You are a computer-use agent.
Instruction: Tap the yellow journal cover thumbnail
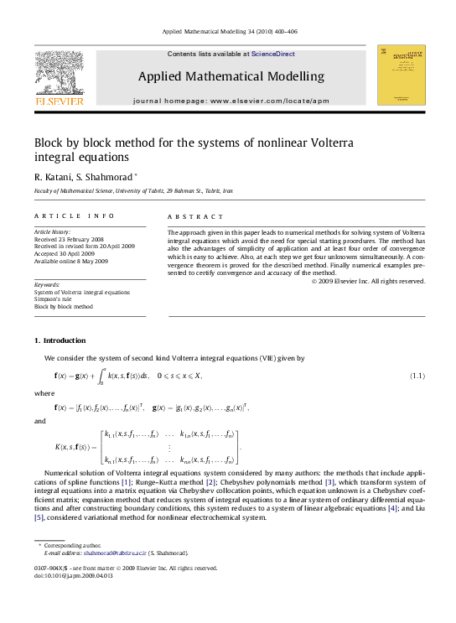tap(402, 75)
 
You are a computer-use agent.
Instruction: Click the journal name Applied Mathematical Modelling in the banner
tap(231, 76)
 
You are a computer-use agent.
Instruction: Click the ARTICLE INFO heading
tap(63, 216)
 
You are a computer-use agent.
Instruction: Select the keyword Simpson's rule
tap(55, 299)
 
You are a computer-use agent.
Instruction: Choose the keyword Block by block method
tap(64, 307)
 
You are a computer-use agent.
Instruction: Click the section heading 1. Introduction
tap(59, 340)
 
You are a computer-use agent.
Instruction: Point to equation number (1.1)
tap(417, 375)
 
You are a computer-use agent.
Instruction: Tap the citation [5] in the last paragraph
tap(39, 517)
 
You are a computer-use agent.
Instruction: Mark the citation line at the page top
tap(228, 31)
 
